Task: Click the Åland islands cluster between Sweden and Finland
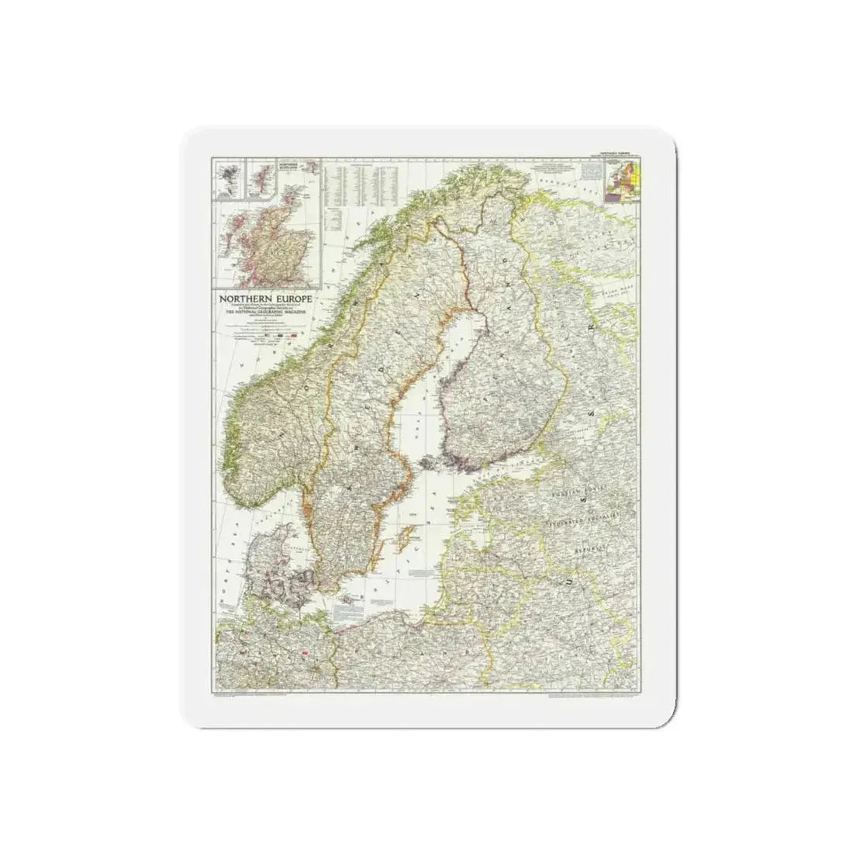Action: tap(428, 463)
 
